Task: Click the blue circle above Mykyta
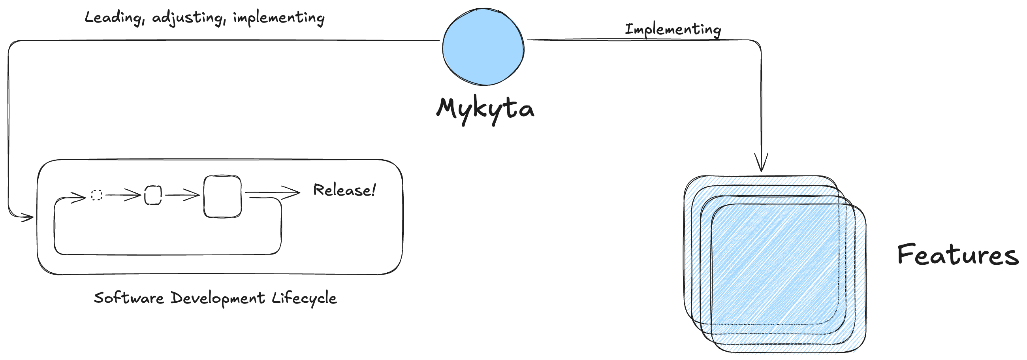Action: pyautogui.click(x=483, y=47)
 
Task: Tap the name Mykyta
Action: pyautogui.click(x=485, y=111)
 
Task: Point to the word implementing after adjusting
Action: pyautogui.click(x=279, y=18)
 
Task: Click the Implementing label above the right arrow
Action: pyautogui.click(x=673, y=30)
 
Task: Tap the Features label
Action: pyautogui.click(x=957, y=255)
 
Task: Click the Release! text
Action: pyautogui.click(x=344, y=190)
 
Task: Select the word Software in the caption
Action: pyautogui.click(x=129, y=298)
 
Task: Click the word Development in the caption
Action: pyautogui.click(x=218, y=299)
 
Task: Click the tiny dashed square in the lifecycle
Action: pyautogui.click(x=97, y=195)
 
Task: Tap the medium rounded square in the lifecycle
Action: pyautogui.click(x=153, y=195)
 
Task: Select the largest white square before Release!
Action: pyautogui.click(x=222, y=196)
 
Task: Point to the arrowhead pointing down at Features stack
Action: pyautogui.click(x=761, y=162)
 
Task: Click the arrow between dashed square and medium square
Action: pyautogui.click(x=123, y=195)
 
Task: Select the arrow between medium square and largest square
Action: pyautogui.click(x=182, y=195)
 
